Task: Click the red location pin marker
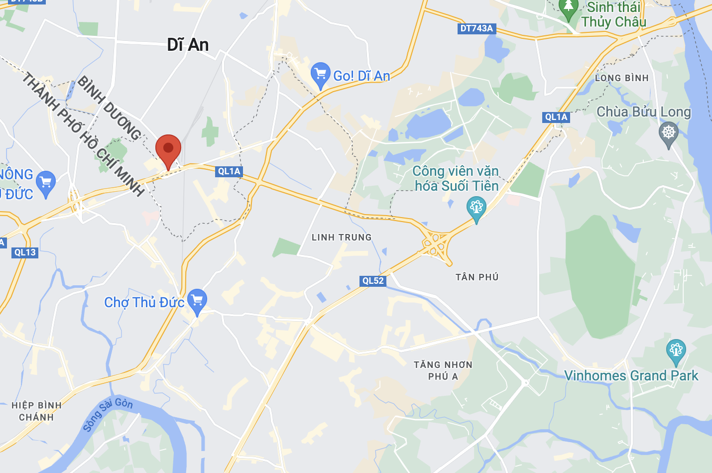[x=168, y=149]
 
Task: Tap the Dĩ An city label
[x=188, y=45]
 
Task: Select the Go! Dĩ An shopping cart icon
[x=320, y=75]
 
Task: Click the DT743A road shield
[x=476, y=28]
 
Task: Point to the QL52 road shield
[x=373, y=280]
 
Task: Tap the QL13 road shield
[x=25, y=252]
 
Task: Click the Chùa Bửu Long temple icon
[x=668, y=133]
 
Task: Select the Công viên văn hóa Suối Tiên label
[x=456, y=178]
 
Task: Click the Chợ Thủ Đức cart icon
[x=197, y=300]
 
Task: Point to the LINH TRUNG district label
[x=342, y=237]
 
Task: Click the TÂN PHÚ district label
[x=477, y=277]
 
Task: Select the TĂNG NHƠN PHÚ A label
[x=443, y=370]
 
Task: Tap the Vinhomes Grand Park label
[x=631, y=375]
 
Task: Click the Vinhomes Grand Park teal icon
[x=676, y=351]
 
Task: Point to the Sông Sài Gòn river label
[x=108, y=414]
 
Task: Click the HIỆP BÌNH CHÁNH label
[x=36, y=411]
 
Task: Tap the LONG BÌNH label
[x=622, y=78]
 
